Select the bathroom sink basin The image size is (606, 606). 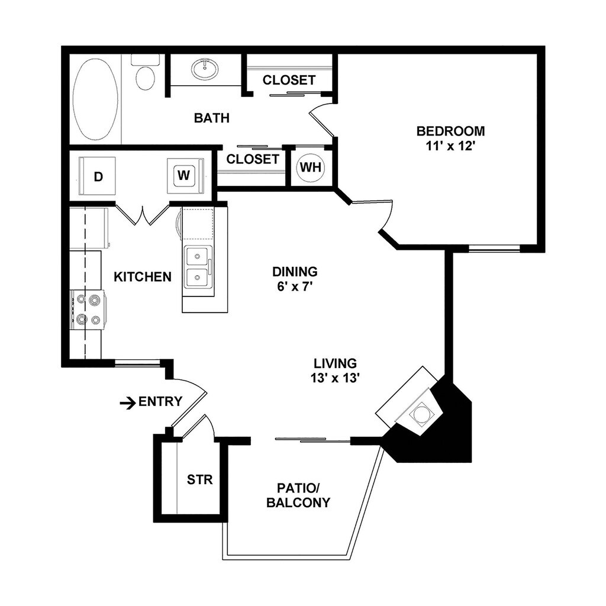point(205,69)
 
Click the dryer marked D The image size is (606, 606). point(98,176)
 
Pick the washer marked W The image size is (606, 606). point(184,175)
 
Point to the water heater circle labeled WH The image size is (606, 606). point(310,167)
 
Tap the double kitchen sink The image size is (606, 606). point(197,267)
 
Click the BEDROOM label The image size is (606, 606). point(450,131)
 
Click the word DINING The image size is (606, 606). point(295,272)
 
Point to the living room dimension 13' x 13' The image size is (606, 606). point(335,379)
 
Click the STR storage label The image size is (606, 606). point(199,479)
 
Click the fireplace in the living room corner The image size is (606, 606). point(421,413)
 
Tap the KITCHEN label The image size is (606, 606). point(143,277)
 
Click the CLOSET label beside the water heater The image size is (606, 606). point(252,159)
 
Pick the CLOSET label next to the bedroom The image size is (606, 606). point(289,80)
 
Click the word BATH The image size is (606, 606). point(211,118)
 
